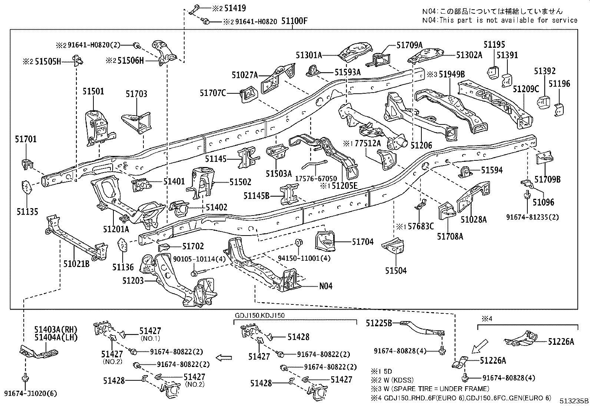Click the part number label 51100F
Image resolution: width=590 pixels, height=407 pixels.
pos(294,21)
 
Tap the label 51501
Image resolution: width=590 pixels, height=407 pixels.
pos(93,91)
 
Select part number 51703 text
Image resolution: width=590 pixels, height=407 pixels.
pos(136,94)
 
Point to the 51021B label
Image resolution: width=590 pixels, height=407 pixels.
pos(76,264)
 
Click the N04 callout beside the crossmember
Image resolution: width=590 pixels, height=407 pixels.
pos(325,286)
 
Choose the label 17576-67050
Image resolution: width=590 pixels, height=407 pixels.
pos(316,179)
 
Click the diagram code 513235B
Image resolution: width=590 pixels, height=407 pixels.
pos(574,401)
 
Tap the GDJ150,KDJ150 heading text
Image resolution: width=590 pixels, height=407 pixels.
pos(260,316)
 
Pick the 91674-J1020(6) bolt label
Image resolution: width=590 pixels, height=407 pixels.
pos(30,394)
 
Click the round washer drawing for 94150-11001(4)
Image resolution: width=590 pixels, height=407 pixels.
pos(299,242)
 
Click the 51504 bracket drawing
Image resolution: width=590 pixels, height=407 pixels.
pos(393,246)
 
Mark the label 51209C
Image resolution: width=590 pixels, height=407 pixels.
pos(526,89)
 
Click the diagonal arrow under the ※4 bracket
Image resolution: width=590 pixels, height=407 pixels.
pos(480,346)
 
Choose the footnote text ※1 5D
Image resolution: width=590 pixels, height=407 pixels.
pos(381,371)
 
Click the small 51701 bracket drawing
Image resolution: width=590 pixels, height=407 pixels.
pos(27,164)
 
